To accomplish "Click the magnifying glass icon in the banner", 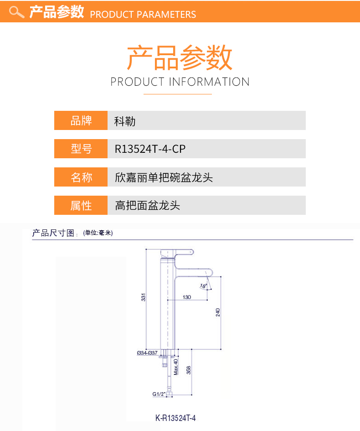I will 16,12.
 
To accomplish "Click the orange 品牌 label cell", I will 81,120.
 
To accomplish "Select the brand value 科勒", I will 125,121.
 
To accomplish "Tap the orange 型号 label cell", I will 81,149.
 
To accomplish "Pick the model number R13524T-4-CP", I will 150,149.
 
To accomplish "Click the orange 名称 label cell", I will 81,177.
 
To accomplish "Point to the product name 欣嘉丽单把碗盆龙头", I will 164,177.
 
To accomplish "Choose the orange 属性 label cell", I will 81,205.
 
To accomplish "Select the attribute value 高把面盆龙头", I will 148,206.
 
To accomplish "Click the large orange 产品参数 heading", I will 180,58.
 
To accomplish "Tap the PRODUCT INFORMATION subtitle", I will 180,82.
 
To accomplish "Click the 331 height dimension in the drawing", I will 143,298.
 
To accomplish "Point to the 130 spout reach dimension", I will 187,297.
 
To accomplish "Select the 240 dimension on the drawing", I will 218,312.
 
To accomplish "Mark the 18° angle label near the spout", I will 203,286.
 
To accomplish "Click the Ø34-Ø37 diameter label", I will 147,353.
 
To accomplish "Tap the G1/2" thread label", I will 158,394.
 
